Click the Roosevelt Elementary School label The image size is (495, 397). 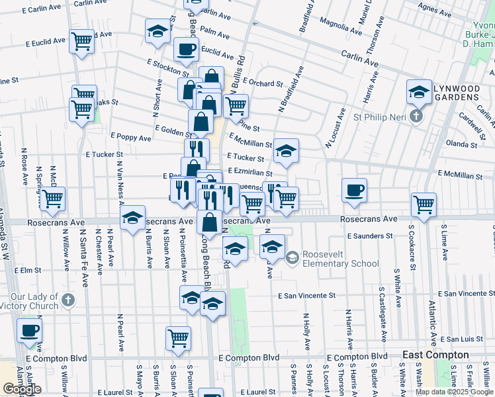(x=341, y=259)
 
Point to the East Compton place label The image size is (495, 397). (x=435, y=355)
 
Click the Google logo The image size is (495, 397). (x=22, y=389)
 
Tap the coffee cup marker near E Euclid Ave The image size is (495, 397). (x=186, y=48)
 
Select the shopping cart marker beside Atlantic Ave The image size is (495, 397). (x=424, y=204)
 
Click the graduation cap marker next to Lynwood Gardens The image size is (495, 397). (x=419, y=92)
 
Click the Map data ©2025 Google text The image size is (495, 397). (x=453, y=392)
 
